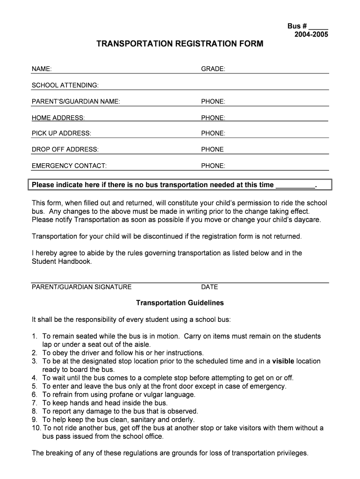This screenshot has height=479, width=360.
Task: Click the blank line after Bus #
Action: tap(318, 27)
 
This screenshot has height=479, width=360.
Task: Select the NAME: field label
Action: tap(42, 69)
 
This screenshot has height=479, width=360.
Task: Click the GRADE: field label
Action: tap(213, 69)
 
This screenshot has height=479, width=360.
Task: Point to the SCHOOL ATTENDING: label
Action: tap(65, 85)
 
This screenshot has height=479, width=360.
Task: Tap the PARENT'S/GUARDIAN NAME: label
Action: tap(76, 102)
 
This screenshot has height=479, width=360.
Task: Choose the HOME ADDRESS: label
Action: tap(58, 118)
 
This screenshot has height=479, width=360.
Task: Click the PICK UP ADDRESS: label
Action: tap(61, 133)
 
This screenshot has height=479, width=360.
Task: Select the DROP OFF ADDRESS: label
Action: tap(65, 150)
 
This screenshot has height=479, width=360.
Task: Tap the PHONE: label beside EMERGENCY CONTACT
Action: tap(213, 166)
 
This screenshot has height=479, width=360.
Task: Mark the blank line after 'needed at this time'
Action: tap(295, 186)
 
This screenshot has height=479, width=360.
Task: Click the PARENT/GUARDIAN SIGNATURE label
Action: tap(81, 287)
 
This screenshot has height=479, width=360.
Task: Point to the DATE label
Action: tap(209, 287)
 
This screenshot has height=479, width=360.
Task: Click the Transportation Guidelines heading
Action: tap(180, 303)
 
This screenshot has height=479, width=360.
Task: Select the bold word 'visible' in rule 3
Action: tap(283, 361)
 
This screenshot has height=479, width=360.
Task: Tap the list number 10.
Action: tap(36, 428)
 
